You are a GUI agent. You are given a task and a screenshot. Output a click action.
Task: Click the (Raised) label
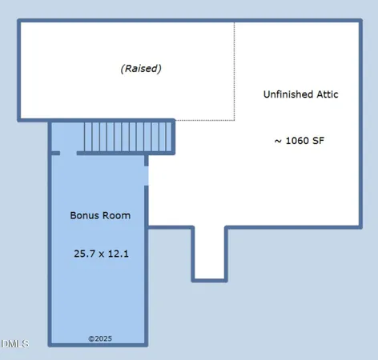point(141,69)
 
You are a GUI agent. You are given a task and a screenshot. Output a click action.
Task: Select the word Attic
point(327,94)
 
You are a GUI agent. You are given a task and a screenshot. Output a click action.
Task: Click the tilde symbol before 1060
point(277,141)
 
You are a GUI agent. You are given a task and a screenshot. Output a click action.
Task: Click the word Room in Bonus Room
point(115,216)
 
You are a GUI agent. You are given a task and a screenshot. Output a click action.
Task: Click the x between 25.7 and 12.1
point(102,255)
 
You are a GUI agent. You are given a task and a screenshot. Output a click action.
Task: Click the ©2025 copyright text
point(99,339)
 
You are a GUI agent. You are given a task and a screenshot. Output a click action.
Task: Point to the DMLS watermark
point(14,344)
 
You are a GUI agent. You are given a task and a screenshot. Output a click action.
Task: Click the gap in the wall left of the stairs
point(68,153)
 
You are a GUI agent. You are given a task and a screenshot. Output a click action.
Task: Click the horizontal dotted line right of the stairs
point(205,121)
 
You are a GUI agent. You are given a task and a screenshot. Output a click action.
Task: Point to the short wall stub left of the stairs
point(54,153)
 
